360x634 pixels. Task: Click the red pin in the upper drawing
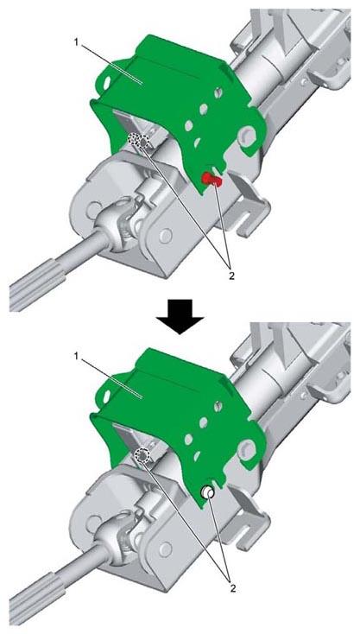[x=212, y=179]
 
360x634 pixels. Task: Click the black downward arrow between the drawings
[x=180, y=317]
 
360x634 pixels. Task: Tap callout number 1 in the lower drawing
[x=76, y=355]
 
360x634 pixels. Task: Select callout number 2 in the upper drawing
[x=231, y=277]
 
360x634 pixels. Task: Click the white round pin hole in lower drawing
[x=208, y=492]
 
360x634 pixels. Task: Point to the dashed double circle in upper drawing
[x=139, y=141]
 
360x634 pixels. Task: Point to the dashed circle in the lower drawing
[x=142, y=454]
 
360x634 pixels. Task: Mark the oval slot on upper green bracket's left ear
[x=107, y=83]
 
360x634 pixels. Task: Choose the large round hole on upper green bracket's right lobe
[x=247, y=135]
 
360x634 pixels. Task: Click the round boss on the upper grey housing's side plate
[x=165, y=235]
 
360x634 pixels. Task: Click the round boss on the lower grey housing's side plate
[x=165, y=549]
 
